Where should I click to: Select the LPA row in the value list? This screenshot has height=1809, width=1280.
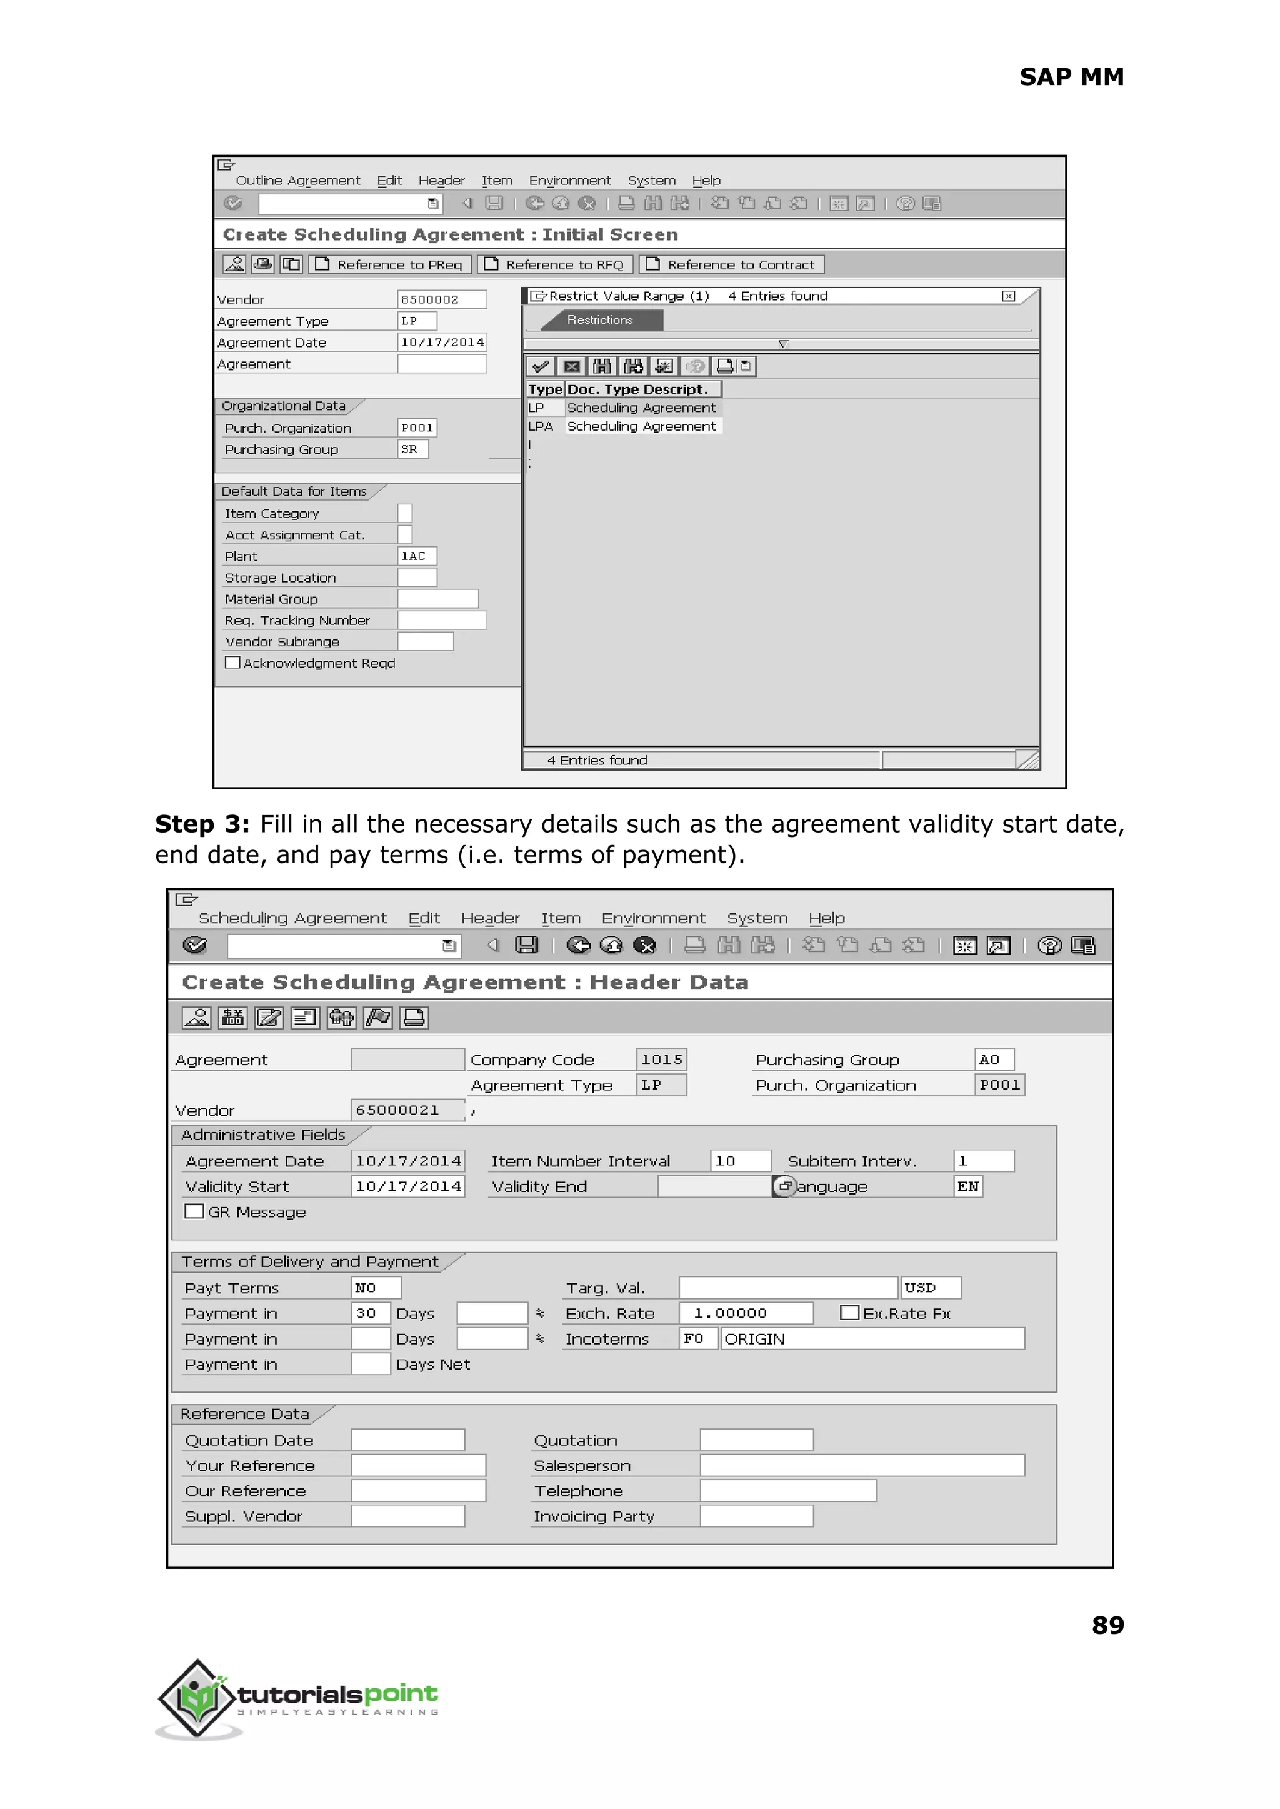pos(622,426)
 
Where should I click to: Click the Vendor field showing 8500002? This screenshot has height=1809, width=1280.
pos(441,299)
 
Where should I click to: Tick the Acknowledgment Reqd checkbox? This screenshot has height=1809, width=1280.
pos(232,663)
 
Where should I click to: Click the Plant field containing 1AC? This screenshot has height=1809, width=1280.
pos(416,556)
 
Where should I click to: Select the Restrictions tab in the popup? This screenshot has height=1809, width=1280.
pos(600,320)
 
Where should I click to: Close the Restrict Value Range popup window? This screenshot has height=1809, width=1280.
pos(1008,296)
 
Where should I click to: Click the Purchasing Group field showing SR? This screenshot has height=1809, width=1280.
pos(412,449)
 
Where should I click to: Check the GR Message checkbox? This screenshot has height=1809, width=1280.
pos(194,1211)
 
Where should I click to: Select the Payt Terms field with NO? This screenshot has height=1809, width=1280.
pos(375,1288)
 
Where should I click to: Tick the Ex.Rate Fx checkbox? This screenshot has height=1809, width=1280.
pos(849,1313)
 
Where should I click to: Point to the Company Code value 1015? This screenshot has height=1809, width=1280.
pos(661,1060)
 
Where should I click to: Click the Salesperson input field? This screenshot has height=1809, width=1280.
pos(861,1466)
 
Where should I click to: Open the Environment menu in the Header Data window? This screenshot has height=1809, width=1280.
pos(652,919)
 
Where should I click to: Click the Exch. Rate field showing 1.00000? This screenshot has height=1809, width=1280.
pos(745,1313)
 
